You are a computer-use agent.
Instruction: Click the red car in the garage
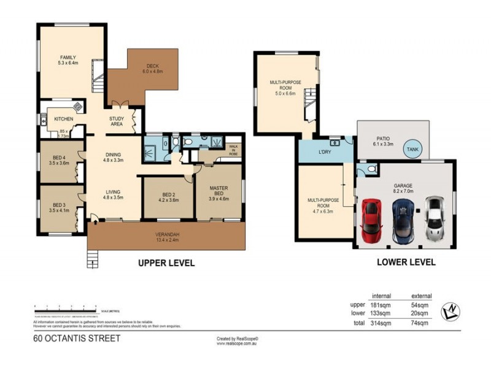(372, 219)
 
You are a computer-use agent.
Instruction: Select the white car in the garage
(435, 218)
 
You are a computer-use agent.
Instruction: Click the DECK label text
(152, 66)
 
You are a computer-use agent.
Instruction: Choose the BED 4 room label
(60, 159)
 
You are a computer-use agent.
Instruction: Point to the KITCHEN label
(64, 119)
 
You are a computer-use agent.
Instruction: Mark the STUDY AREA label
(117, 121)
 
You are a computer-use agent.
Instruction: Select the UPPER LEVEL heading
(166, 263)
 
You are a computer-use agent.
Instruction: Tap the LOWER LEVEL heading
(407, 262)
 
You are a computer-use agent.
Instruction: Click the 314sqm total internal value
(381, 323)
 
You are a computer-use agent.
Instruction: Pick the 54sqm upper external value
(420, 304)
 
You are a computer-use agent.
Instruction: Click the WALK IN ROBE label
(233, 150)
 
